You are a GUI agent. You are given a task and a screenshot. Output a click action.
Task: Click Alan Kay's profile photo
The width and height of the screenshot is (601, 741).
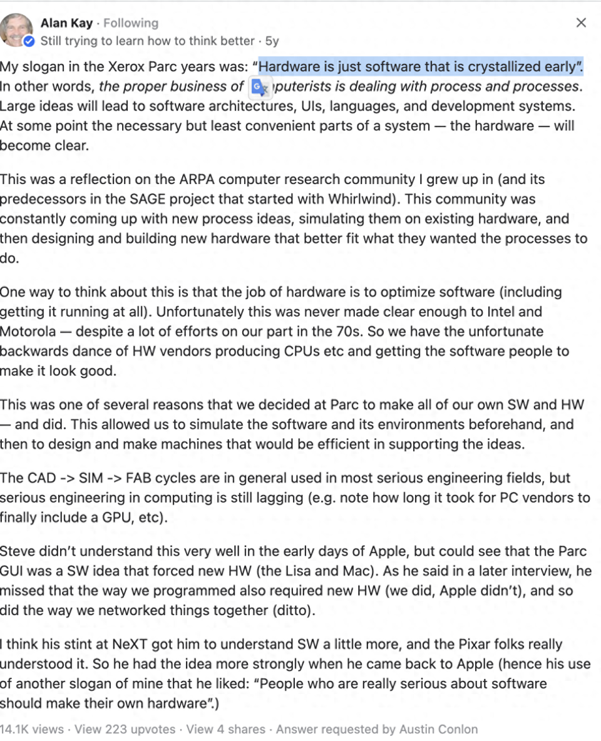[17, 28]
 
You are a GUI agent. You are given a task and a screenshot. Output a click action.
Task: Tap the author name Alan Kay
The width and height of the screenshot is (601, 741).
[66, 23]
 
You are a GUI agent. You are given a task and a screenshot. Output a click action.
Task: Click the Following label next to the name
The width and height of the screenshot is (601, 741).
[131, 23]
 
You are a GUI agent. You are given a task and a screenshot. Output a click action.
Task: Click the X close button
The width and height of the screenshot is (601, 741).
[581, 23]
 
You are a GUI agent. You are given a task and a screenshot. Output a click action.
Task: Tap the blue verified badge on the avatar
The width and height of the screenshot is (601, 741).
[29, 41]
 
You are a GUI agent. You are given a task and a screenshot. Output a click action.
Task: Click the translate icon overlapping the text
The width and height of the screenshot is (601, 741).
[259, 88]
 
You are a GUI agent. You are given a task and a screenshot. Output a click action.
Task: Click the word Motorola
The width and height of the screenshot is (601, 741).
[28, 331]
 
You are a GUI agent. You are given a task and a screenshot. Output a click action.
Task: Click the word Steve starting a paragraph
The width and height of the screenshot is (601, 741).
[17, 551]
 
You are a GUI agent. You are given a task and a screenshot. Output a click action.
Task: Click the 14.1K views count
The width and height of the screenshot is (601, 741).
[31, 729]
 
